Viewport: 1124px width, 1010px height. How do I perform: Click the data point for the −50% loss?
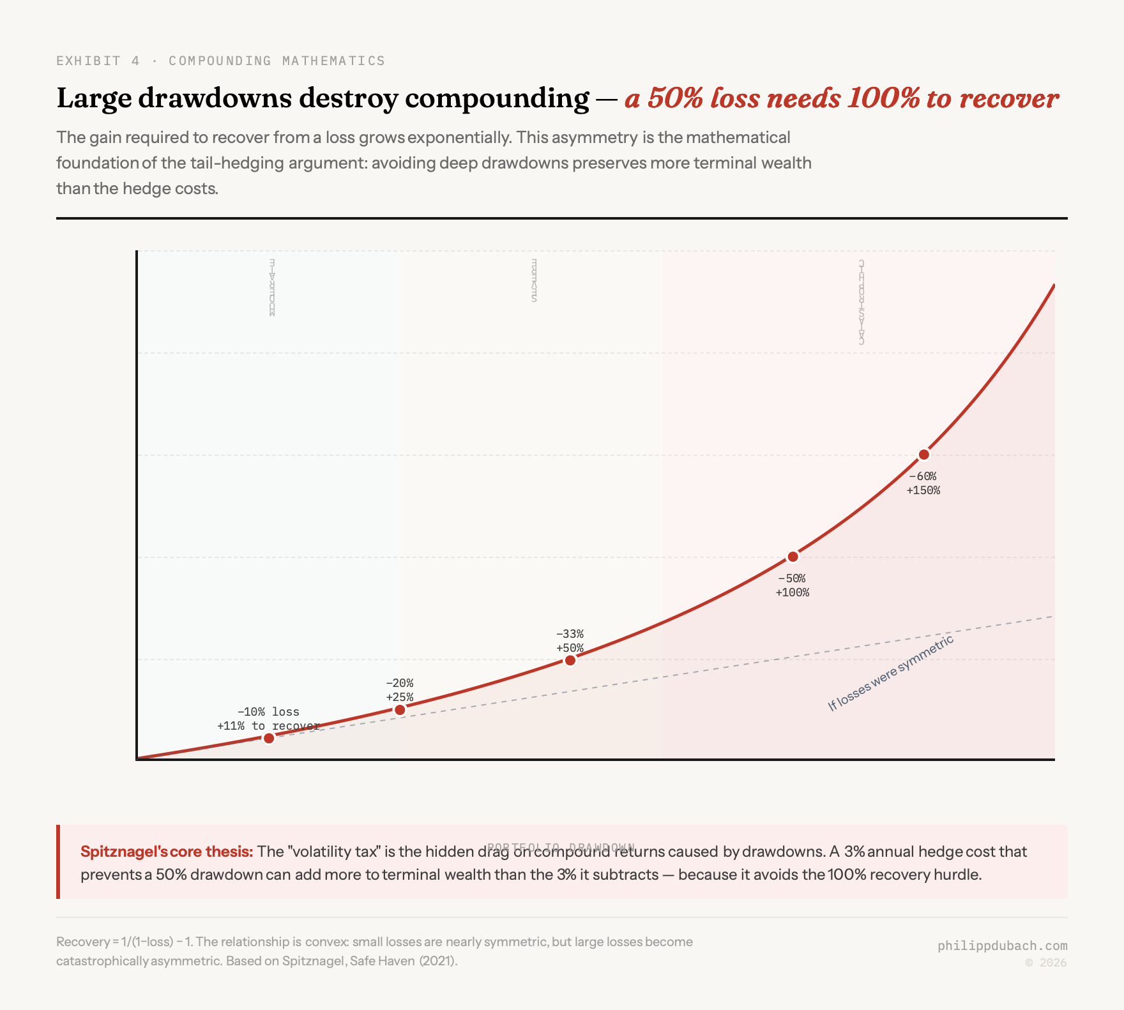[793, 557]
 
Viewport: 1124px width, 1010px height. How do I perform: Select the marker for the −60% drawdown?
[923, 455]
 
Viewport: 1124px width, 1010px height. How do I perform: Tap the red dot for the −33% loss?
[570, 660]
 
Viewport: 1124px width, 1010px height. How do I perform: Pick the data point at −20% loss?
[400, 710]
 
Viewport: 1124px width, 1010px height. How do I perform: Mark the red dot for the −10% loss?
[269, 738]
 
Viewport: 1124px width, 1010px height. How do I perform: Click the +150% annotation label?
[923, 490]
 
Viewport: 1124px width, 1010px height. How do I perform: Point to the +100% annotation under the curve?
[792, 592]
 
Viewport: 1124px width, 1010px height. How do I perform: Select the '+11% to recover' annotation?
[268, 726]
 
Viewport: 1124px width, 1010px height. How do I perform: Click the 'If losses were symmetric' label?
[890, 673]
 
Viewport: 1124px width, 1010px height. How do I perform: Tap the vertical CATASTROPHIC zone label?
[862, 302]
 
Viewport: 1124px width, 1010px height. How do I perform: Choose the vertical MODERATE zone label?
[271, 287]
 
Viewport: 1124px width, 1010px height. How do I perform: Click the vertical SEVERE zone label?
[534, 281]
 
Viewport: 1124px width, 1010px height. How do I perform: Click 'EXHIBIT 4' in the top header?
[98, 61]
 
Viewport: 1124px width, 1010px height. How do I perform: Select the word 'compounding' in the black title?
[497, 98]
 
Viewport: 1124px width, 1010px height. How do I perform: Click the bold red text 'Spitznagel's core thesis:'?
[167, 852]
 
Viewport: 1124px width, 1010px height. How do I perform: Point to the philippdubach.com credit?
[1002, 946]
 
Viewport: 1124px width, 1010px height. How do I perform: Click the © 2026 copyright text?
[1045, 963]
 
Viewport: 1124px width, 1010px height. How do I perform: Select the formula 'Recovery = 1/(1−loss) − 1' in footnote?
[125, 942]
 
